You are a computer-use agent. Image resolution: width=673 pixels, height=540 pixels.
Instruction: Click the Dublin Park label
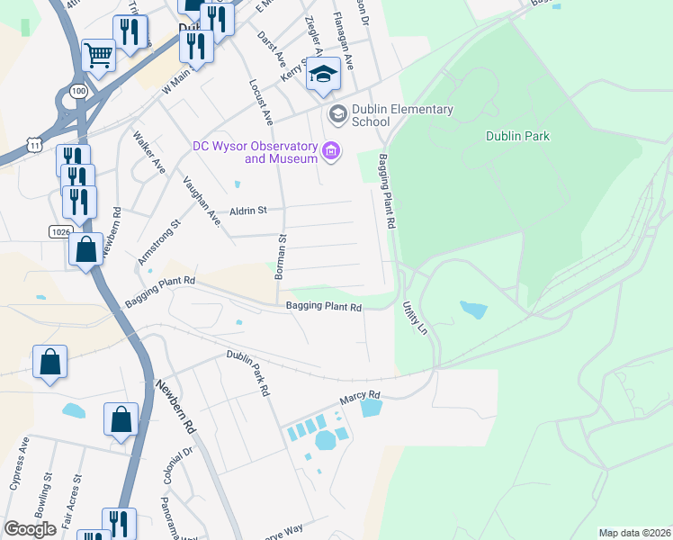(x=517, y=137)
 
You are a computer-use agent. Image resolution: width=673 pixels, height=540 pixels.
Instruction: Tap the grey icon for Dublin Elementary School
(x=337, y=113)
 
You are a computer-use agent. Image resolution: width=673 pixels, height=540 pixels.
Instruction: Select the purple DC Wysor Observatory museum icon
(x=332, y=150)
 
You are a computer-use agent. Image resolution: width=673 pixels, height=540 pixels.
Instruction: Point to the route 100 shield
(x=77, y=92)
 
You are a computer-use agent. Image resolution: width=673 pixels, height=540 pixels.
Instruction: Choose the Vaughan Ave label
(x=202, y=202)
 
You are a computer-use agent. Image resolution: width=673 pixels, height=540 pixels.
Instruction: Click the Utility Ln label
(x=415, y=318)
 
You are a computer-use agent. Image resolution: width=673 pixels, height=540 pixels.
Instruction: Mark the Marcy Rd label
(x=360, y=395)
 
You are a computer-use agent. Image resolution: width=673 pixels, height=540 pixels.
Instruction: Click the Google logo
(x=30, y=529)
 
